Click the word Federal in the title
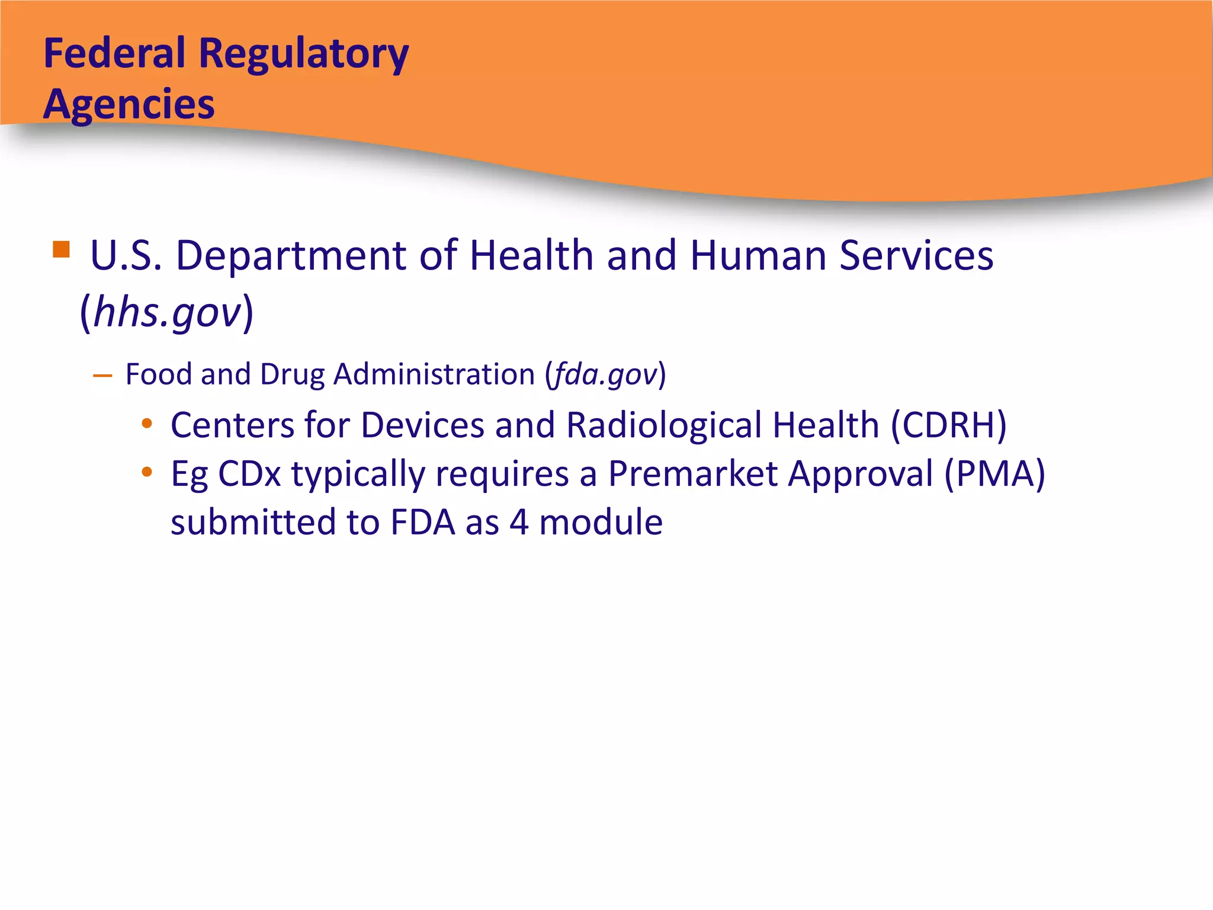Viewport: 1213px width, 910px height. pos(114,53)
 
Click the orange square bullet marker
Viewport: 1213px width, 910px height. pos(61,249)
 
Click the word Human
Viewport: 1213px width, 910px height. pos(758,256)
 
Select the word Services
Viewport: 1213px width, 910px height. pos(916,256)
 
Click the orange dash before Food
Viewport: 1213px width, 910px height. pos(102,376)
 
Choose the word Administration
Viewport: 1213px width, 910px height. pos(434,374)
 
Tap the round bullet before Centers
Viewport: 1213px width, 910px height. pos(147,424)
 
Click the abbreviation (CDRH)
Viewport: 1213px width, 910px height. pos(949,425)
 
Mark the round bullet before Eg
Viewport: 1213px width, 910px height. pos(147,473)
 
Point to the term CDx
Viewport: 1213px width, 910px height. pos(249,474)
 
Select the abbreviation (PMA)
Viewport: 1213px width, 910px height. pos(994,474)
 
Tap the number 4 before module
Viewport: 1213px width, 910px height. pos(519,523)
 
